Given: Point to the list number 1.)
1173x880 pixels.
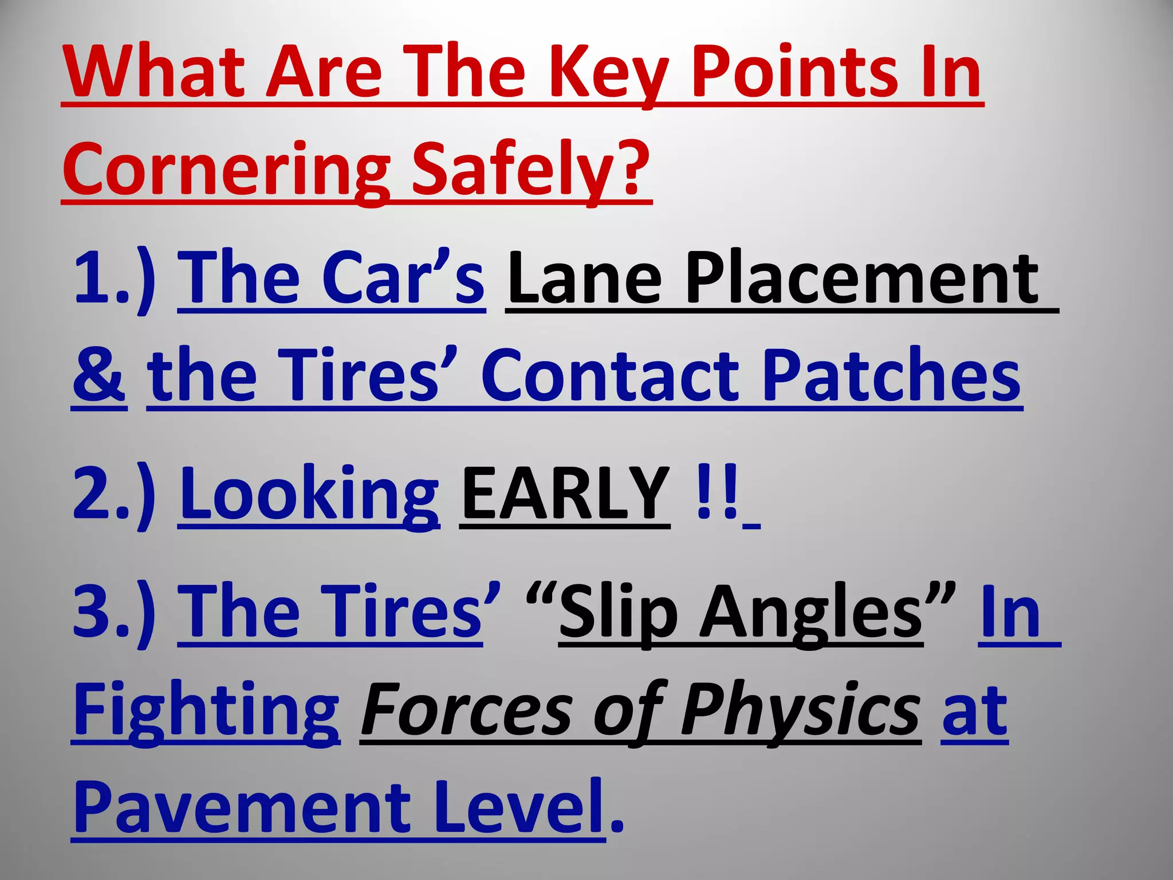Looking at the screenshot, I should [115, 278].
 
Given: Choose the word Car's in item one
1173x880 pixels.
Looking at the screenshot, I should [403, 278].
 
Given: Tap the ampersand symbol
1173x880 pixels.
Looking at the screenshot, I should [99, 375].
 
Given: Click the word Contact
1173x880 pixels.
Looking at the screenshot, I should [610, 375].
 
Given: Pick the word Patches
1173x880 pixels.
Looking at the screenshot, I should [891, 375].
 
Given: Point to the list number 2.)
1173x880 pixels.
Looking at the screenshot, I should [115, 493].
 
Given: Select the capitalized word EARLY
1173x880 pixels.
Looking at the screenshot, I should [565, 493].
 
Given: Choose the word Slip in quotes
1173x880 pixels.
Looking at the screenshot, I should [619, 613].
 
